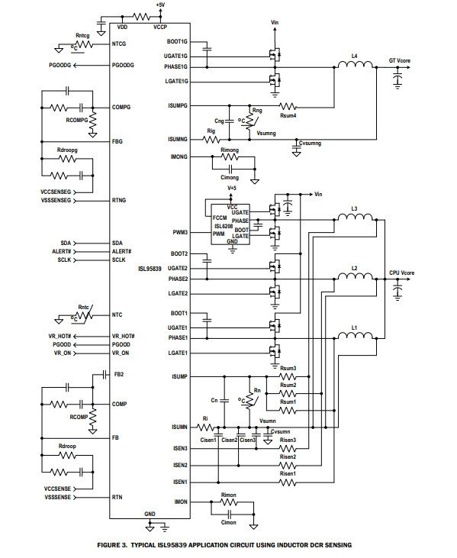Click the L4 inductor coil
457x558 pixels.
[355, 64]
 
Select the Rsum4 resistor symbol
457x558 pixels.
[288, 106]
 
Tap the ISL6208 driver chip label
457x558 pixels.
[224, 227]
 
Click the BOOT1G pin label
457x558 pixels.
[177, 42]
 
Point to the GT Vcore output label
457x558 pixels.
[399, 60]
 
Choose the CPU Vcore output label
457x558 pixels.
[401, 273]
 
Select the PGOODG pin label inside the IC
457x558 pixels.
[123, 65]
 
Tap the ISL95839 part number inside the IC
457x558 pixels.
[150, 269]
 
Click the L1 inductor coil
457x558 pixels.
[355, 335]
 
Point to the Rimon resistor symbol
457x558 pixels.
[229, 502]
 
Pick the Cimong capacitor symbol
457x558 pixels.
[230, 168]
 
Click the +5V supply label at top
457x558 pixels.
[160, 5]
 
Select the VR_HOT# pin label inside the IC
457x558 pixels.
[123, 336]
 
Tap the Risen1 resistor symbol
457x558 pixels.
[288, 482]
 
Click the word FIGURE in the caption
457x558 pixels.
[110, 545]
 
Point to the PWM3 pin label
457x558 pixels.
[180, 232]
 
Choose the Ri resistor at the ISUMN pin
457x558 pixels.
[205, 427]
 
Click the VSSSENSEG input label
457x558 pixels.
[56, 200]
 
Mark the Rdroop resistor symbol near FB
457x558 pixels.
[67, 455]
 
